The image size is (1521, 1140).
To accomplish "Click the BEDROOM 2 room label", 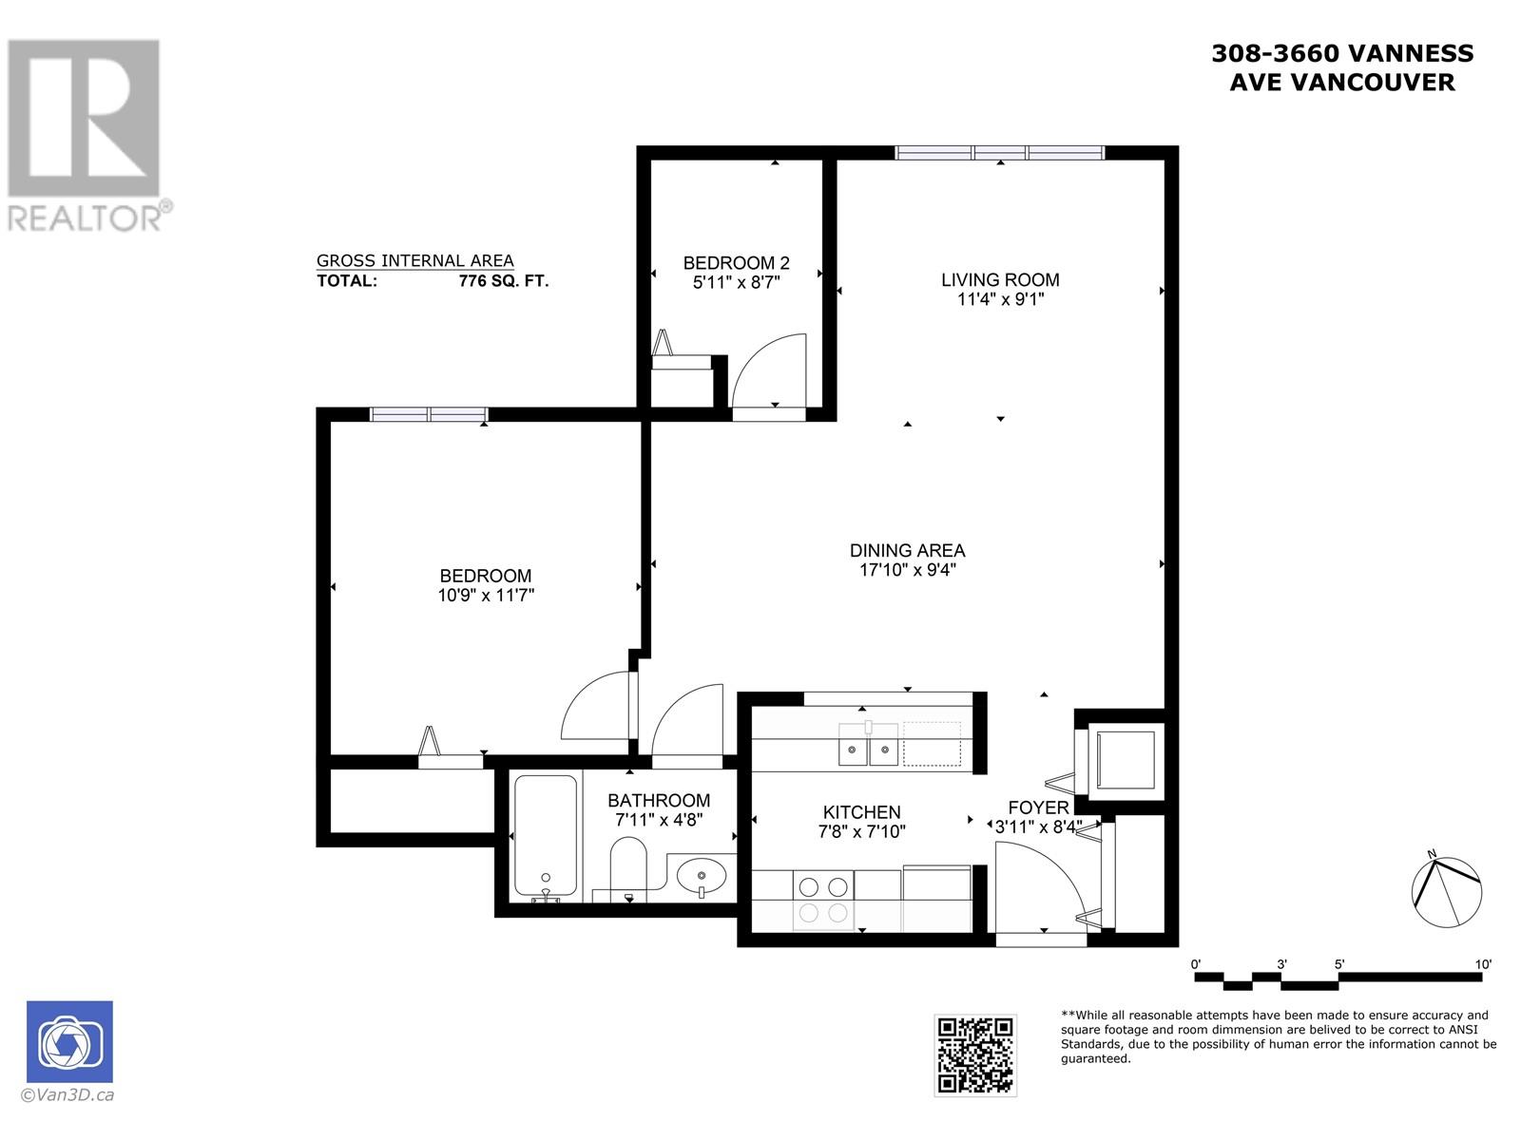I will [x=736, y=263].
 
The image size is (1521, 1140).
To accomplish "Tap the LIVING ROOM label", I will [x=1000, y=279].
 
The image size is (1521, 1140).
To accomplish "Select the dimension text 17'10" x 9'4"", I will [x=907, y=570].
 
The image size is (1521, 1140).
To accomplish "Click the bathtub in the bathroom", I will [x=545, y=837].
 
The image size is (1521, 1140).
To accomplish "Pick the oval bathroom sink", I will [x=702, y=872].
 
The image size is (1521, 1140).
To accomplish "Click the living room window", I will [x=1000, y=152].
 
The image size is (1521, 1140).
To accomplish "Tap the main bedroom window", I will [x=429, y=414].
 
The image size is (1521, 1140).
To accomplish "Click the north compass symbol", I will [x=1446, y=890].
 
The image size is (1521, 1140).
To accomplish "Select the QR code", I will [x=975, y=1054].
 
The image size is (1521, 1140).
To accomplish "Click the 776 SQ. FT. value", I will [x=503, y=281].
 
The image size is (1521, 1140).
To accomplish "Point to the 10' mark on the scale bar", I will [x=1482, y=964].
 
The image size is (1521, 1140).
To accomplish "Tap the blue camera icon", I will [x=69, y=1041].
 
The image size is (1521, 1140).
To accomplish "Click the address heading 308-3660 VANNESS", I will [x=1341, y=54].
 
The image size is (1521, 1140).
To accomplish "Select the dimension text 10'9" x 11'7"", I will [x=486, y=596].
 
